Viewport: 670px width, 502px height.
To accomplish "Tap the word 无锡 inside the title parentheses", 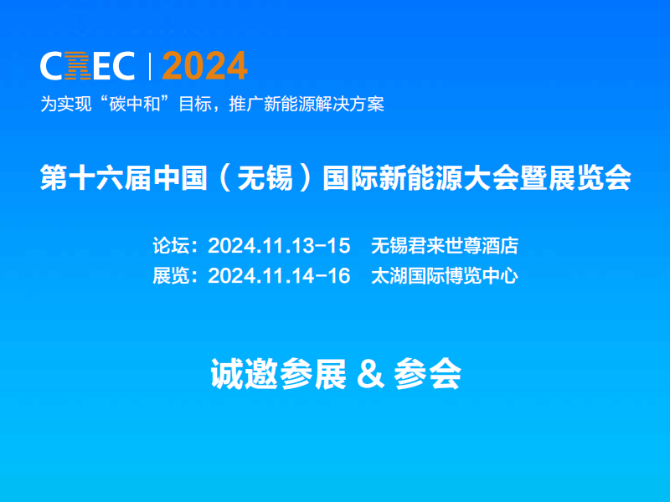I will tap(272, 179).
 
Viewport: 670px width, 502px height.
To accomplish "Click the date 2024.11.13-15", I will tap(278, 246).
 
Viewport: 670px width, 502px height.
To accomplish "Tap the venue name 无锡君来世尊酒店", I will tap(444, 246).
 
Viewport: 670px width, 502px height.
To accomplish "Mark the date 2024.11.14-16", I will tap(278, 275).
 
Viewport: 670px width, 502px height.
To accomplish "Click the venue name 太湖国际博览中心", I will tap(444, 275).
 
